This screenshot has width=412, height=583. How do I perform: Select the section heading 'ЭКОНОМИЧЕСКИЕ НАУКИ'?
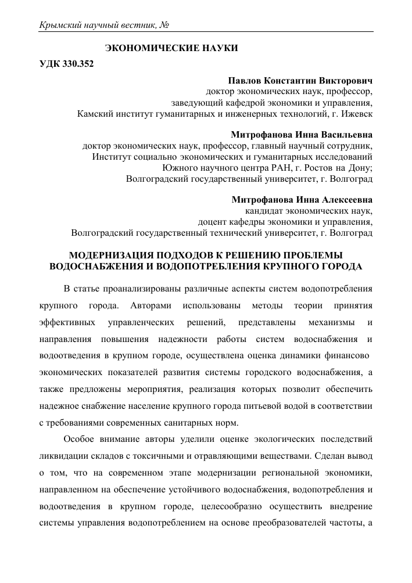171,48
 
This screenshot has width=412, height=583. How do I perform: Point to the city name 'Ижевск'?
357,113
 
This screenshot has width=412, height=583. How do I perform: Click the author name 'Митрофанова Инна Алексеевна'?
302,200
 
